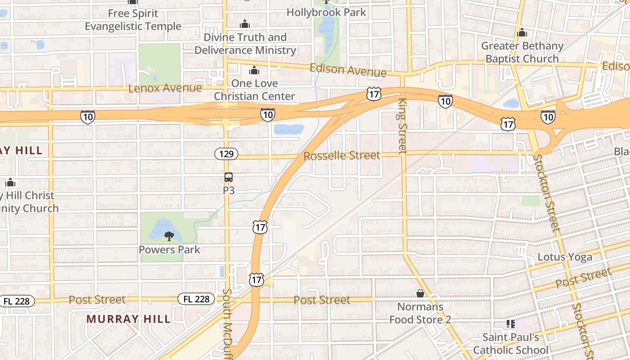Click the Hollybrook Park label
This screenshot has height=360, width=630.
326,12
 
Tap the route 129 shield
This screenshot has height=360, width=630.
226,154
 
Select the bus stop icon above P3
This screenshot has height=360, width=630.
229,177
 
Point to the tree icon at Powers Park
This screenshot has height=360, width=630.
169,236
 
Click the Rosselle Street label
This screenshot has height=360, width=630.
342,156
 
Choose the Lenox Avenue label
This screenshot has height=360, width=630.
165,88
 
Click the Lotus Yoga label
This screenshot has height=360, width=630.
565,257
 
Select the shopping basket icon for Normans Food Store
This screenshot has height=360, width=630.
420,293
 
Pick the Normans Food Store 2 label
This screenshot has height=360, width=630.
420,313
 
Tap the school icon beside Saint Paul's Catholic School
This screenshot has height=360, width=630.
510,324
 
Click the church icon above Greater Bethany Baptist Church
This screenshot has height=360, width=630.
522,33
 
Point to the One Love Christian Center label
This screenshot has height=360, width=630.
254,90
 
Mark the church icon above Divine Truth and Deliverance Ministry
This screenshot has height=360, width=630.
245,24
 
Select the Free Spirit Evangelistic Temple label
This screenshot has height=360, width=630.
133,20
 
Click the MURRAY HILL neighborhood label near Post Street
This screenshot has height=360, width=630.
129,319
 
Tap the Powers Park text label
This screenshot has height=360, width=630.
169,249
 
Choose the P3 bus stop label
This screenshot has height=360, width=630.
229,190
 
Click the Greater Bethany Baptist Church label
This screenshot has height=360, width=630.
522,52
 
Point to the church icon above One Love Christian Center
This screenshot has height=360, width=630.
254,70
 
